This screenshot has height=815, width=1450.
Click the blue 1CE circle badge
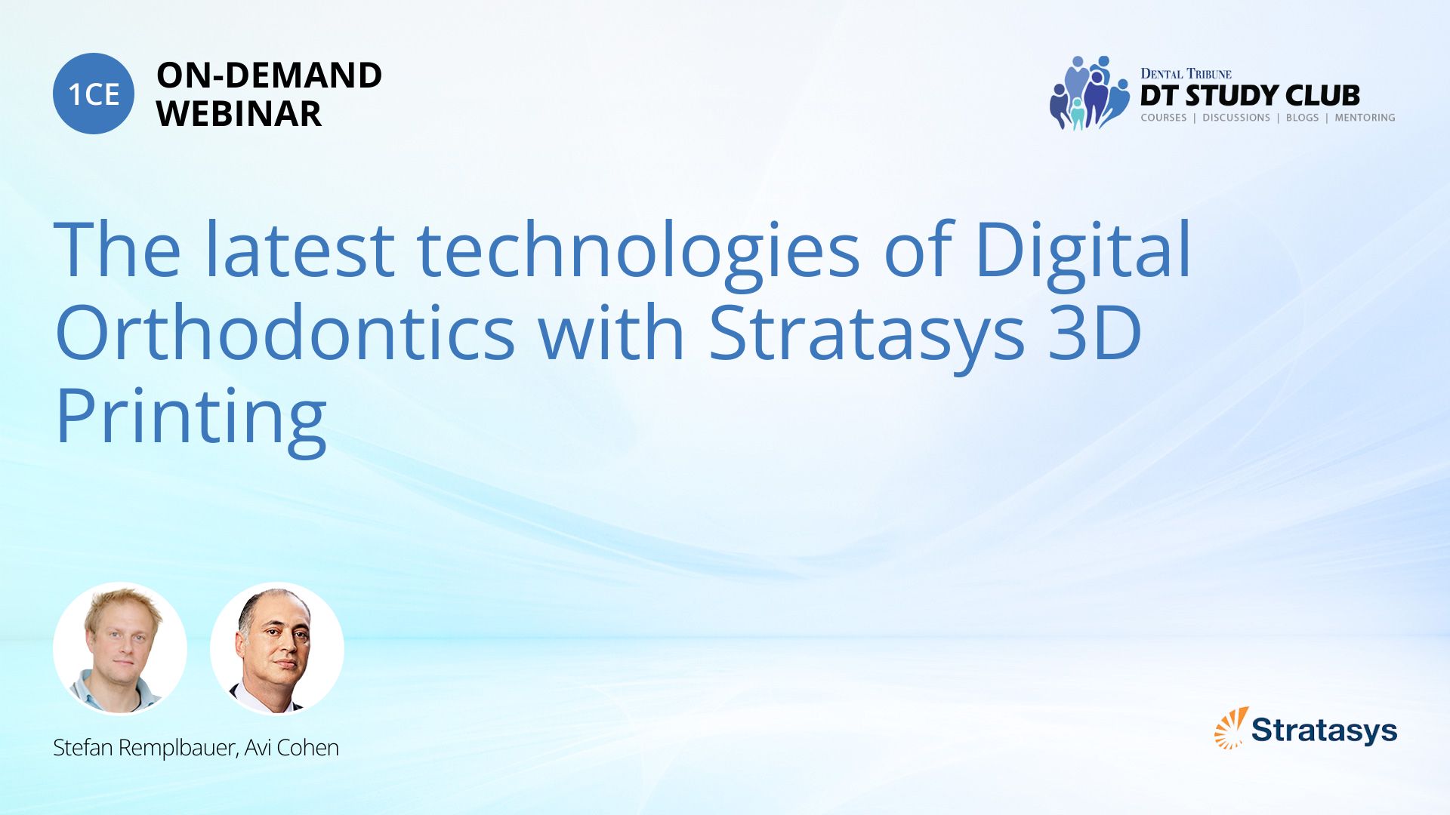[94, 94]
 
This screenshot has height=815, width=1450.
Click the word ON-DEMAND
[269, 75]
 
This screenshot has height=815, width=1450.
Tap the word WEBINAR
[239, 114]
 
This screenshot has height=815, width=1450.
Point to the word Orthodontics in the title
[285, 333]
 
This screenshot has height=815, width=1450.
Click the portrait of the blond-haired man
[120, 649]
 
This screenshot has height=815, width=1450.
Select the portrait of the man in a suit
[277, 649]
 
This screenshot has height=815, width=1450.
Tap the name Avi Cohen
[292, 748]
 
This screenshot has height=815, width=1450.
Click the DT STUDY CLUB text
[1250, 96]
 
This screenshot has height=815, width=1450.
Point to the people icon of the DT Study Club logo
[1089, 93]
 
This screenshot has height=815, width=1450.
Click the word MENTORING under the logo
[1365, 118]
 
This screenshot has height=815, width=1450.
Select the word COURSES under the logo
[1164, 118]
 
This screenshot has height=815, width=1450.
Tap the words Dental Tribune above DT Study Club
[1186, 74]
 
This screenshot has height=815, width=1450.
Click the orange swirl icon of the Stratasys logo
[1231, 728]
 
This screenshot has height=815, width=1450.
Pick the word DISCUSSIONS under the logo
[1236, 118]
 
